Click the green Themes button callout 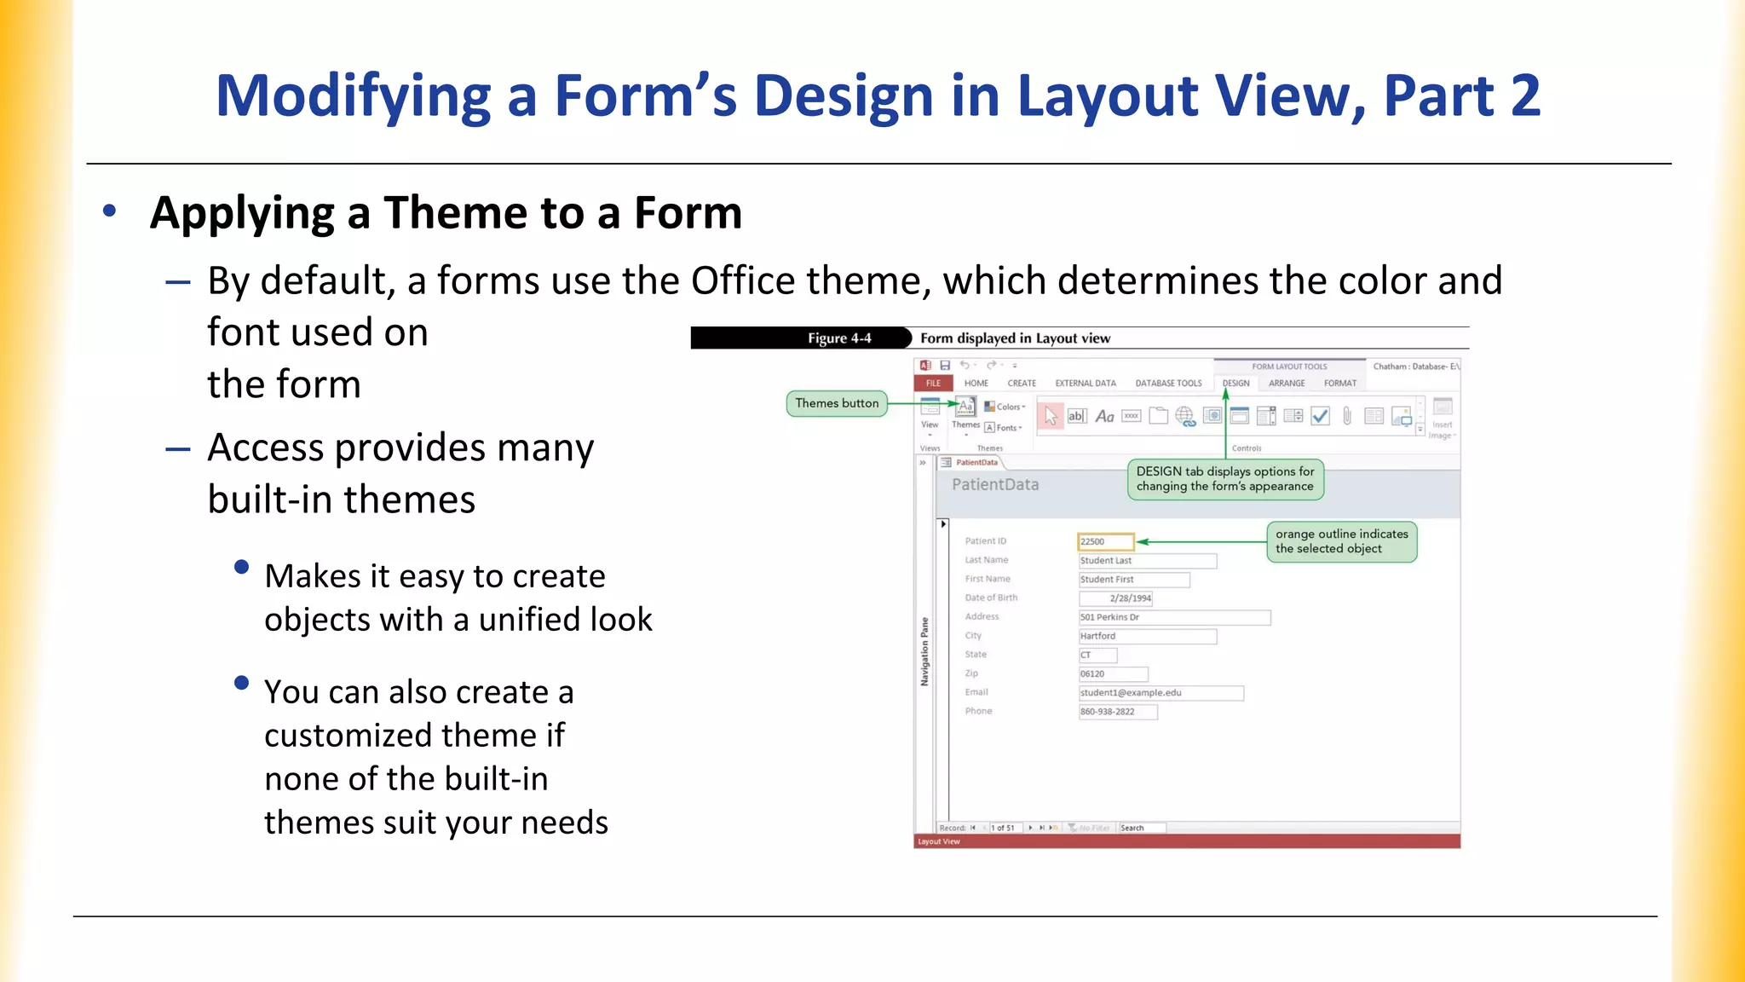[x=837, y=403]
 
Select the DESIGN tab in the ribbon [x=1235, y=384]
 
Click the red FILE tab [x=933, y=384]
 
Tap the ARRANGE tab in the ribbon [x=1287, y=384]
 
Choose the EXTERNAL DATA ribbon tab [x=1085, y=384]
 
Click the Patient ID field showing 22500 [x=1106, y=541]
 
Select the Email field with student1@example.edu [x=1160, y=693]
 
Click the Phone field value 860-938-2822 [x=1118, y=712]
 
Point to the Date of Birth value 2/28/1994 [x=1116, y=598]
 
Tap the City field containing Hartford [x=1147, y=636]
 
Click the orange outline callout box [x=1341, y=541]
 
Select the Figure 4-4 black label [x=839, y=338]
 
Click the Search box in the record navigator [x=1142, y=828]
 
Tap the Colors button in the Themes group [x=1005, y=407]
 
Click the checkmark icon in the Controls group [x=1320, y=416]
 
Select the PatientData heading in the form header [x=995, y=485]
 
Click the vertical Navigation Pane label [x=924, y=652]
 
